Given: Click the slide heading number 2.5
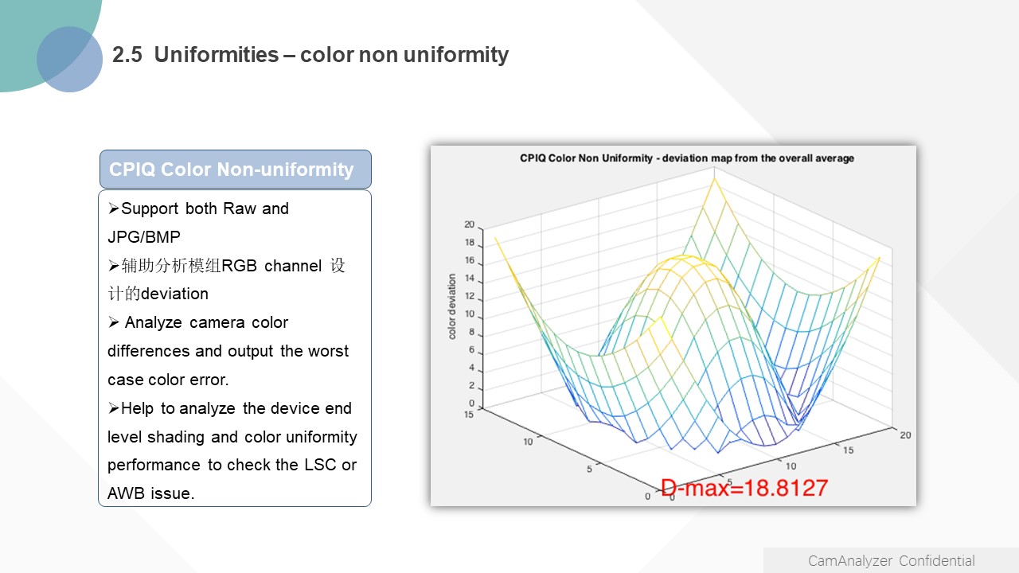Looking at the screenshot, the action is click(127, 55).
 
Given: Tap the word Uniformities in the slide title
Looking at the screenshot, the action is click(217, 55).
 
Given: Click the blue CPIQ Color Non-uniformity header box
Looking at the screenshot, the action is click(236, 170).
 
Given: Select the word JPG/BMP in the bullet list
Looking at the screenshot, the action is click(144, 237).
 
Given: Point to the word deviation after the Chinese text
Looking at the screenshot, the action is click(174, 294).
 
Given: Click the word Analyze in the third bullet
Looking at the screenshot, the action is click(154, 322).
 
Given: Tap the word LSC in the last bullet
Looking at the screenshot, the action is click(320, 465).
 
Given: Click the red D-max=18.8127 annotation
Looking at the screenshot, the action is click(744, 488).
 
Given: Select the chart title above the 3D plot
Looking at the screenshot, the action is click(687, 158).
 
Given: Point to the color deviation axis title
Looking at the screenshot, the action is click(451, 306).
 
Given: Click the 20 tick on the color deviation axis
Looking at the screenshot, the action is click(470, 224).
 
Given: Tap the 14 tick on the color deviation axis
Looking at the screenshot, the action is click(470, 279).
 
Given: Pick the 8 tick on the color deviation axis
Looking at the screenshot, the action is click(472, 332).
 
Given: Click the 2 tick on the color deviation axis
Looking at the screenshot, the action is click(472, 386).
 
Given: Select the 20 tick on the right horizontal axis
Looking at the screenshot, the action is click(905, 435).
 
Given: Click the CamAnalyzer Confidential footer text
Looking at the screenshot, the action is click(891, 561).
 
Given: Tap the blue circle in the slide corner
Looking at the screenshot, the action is click(69, 59).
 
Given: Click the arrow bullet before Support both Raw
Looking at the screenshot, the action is click(114, 209).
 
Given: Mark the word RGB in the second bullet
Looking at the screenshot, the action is click(240, 266).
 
